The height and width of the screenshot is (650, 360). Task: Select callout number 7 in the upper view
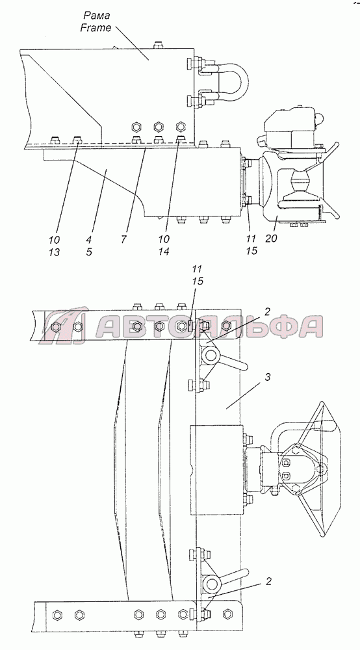tap(124, 240)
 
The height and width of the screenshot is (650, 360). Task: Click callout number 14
tap(164, 252)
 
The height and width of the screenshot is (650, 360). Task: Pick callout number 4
tap(90, 240)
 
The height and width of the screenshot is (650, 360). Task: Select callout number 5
tap(89, 252)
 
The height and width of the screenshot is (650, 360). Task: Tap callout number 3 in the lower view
tap(268, 377)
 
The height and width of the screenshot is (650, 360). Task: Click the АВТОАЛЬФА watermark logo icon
tap(66, 326)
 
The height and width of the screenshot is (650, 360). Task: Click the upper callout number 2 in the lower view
tap(268, 311)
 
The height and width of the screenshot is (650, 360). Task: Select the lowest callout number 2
tap(268, 582)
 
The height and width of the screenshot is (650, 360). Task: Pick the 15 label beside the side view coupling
tap(251, 251)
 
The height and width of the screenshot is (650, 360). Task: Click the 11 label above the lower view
tap(198, 269)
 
